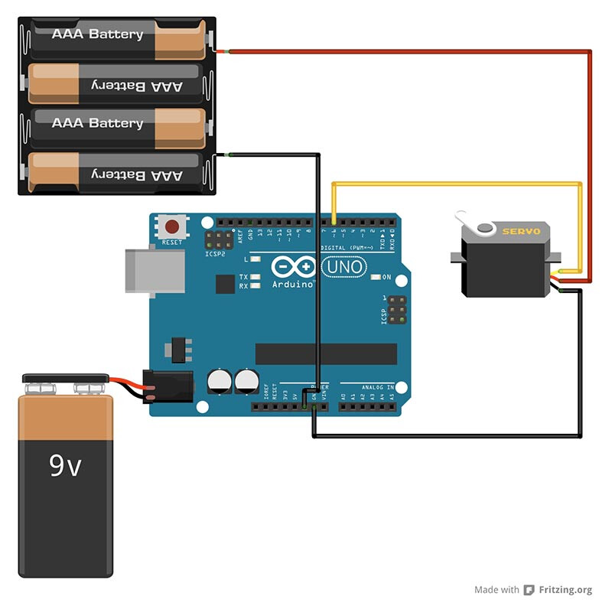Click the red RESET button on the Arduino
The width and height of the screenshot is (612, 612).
(x=173, y=227)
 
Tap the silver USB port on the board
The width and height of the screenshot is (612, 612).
(x=153, y=270)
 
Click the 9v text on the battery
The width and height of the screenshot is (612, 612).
(x=65, y=465)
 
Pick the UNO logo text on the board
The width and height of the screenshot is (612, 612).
(x=344, y=267)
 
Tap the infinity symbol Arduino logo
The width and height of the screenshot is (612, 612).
(x=293, y=267)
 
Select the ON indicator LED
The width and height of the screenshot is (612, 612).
(x=376, y=277)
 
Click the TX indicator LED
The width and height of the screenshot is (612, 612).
(x=256, y=277)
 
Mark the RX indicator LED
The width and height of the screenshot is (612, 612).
(x=256, y=286)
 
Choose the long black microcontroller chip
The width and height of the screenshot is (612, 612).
(x=326, y=353)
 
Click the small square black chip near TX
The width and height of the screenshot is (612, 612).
(x=225, y=285)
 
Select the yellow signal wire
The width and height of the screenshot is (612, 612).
(x=459, y=184)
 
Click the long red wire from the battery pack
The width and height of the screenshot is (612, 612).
(x=413, y=51)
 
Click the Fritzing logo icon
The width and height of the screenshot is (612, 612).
(x=529, y=590)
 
